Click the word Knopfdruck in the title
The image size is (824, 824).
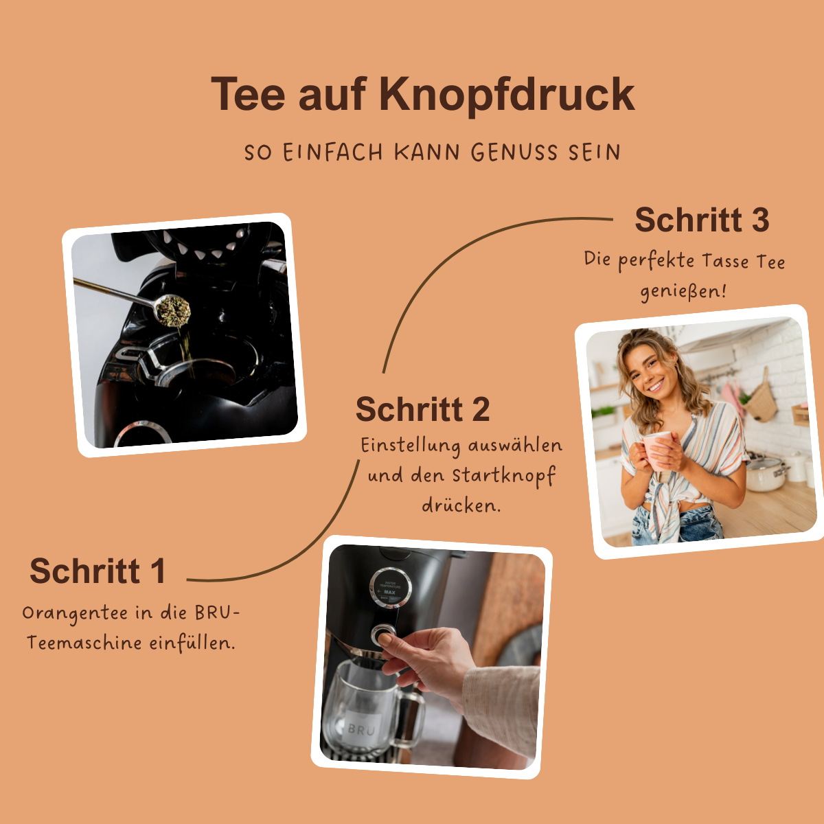point(507,94)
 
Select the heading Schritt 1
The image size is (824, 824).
point(98,571)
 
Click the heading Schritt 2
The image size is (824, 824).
point(422,410)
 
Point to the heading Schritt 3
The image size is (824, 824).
point(701,220)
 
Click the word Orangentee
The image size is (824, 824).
point(76,613)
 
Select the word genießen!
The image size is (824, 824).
point(683,291)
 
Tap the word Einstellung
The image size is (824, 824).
point(410,446)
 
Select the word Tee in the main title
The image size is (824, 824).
point(248,94)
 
